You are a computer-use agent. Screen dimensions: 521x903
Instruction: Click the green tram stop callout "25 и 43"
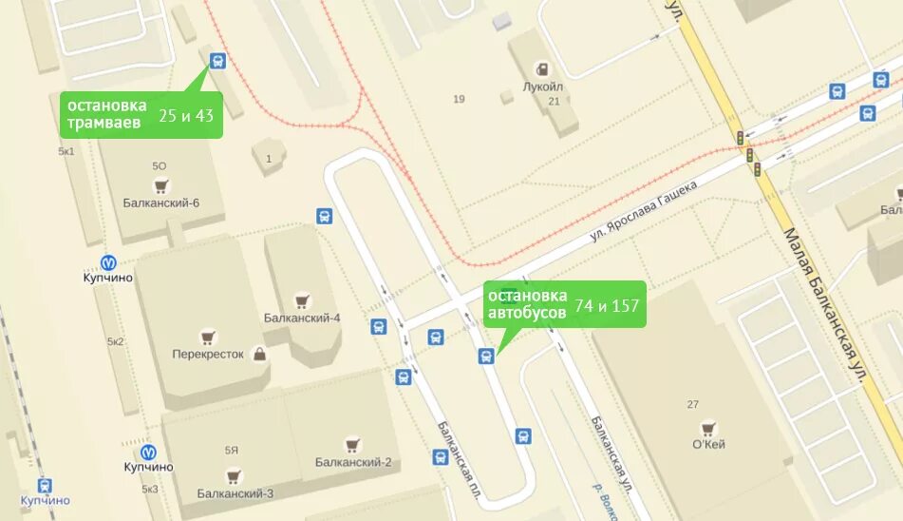[141, 115]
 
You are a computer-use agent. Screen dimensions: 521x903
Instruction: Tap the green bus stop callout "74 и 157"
[565, 304]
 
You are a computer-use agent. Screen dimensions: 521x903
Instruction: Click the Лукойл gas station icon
[542, 68]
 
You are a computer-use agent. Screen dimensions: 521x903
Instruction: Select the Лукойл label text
[542, 86]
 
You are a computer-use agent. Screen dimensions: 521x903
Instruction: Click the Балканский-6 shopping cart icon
[160, 185]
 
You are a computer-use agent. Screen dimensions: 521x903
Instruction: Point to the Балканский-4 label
[302, 318]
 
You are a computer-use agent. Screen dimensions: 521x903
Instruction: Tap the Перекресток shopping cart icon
[208, 337]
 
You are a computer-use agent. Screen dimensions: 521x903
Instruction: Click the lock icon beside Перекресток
[259, 354]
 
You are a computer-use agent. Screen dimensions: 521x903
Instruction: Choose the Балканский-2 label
[353, 462]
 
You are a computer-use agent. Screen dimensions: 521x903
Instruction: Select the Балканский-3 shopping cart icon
[234, 476]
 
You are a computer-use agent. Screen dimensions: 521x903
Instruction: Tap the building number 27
[692, 404]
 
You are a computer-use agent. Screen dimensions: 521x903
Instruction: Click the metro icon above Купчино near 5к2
[109, 261]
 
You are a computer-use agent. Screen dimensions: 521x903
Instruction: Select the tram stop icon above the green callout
[217, 62]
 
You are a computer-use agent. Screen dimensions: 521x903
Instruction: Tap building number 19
[459, 99]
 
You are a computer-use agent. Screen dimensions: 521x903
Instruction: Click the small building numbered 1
[269, 158]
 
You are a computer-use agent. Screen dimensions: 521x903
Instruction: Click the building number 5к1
[66, 151]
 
